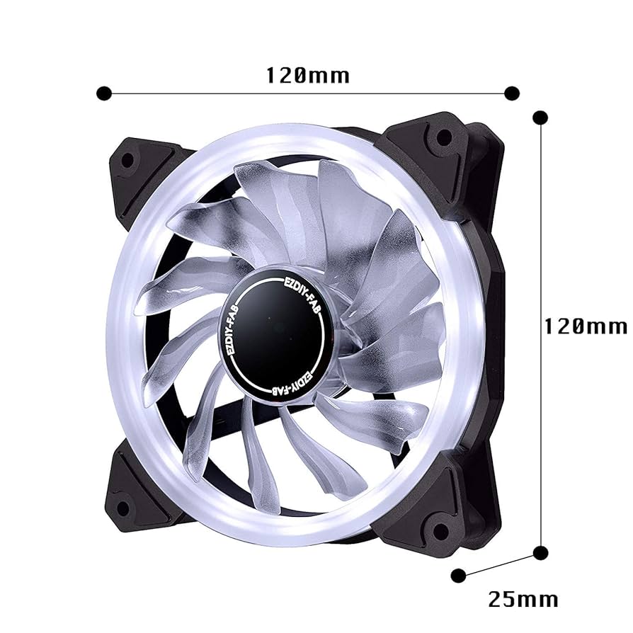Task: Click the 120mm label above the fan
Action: [307, 74]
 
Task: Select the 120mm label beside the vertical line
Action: [585, 326]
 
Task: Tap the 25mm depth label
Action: [523, 599]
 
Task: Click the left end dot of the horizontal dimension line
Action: [104, 93]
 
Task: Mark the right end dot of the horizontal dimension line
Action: [512, 93]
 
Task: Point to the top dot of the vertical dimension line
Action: [540, 117]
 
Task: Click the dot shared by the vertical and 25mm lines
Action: [540, 552]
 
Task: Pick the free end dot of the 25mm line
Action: [459, 574]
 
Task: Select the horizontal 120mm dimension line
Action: [307, 93]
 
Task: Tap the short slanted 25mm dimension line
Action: [499, 564]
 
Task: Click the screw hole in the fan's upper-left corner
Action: [127, 160]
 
